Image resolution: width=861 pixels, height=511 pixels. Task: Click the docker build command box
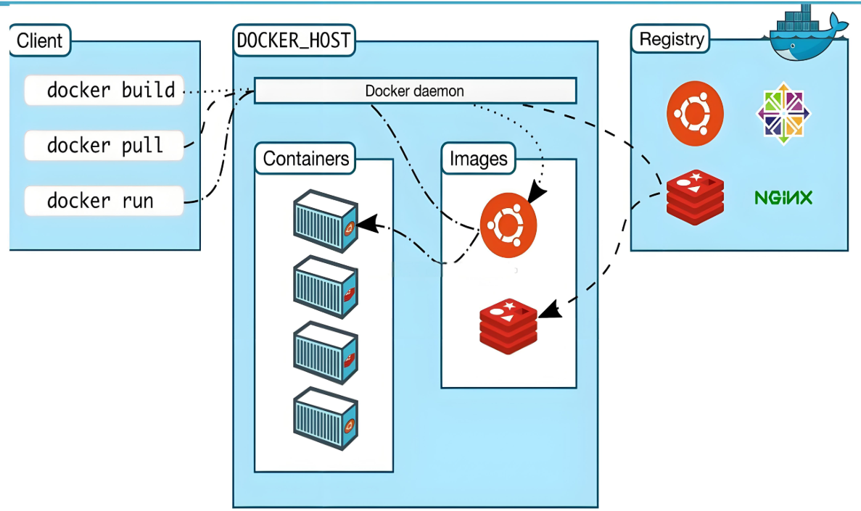click(104, 90)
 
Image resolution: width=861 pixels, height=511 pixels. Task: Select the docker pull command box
click(104, 146)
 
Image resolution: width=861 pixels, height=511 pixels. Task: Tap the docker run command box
click(104, 201)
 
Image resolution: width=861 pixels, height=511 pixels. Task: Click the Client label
click(40, 40)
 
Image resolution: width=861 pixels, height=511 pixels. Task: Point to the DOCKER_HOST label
click(294, 40)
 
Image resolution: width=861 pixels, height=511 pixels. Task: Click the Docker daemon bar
click(415, 91)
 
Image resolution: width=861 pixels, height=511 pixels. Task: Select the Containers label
click(305, 159)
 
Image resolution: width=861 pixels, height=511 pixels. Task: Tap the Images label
click(478, 159)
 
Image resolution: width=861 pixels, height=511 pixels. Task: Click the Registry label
click(670, 39)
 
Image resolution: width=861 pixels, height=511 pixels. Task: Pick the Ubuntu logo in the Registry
click(695, 114)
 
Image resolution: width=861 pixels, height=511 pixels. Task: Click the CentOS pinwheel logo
click(783, 114)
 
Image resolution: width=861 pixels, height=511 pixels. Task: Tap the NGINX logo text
click(783, 198)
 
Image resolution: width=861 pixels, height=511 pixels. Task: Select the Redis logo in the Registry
click(695, 198)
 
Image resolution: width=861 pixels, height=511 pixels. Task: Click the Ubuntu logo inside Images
click(508, 225)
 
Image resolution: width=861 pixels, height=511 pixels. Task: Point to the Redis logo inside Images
click(508, 327)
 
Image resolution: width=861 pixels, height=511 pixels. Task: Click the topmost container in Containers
click(326, 221)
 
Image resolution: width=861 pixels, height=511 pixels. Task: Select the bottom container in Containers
click(326, 419)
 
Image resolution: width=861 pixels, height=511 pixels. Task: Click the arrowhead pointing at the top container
click(368, 223)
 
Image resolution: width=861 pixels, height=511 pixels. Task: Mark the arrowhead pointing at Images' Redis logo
click(551, 309)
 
